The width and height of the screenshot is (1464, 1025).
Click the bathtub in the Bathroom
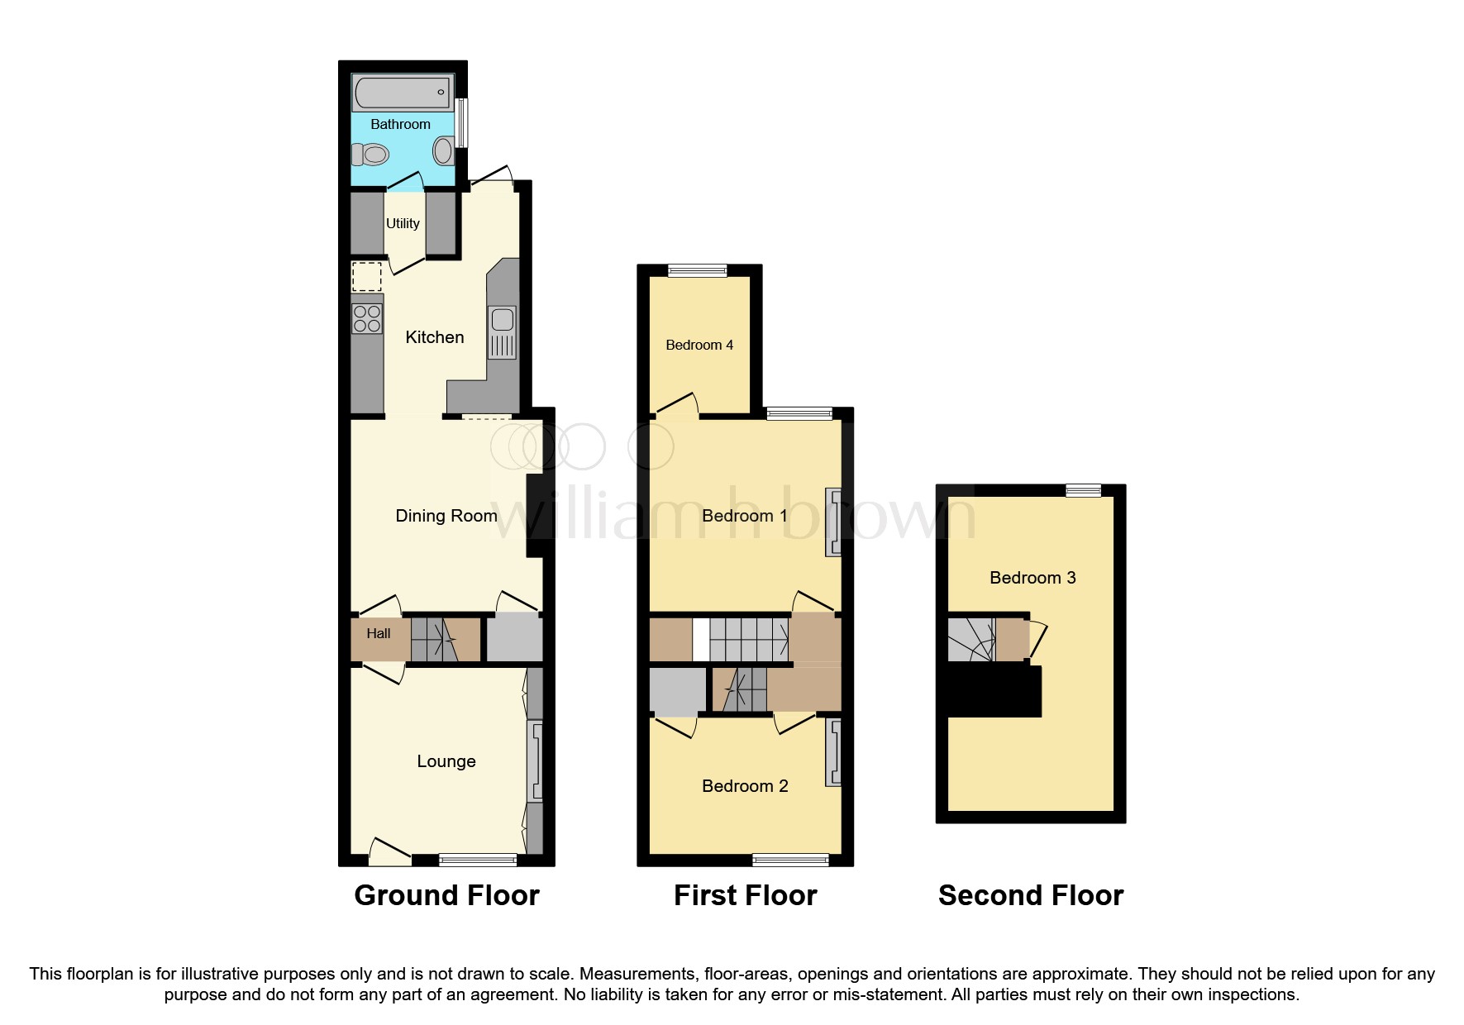pyautogui.click(x=403, y=93)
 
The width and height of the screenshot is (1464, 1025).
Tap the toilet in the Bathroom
pyautogui.click(x=370, y=154)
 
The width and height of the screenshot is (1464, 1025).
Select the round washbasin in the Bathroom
pyautogui.click(x=444, y=150)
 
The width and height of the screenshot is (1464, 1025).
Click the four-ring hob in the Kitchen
pyautogui.click(x=367, y=319)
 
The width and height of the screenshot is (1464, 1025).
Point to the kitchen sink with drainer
pyautogui.click(x=502, y=332)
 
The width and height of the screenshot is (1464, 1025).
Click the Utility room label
pyautogui.click(x=403, y=223)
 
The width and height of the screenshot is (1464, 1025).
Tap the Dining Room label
pyautogui.click(x=446, y=516)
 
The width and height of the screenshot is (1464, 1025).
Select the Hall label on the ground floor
pyautogui.click(x=379, y=634)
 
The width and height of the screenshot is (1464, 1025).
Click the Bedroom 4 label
pyautogui.click(x=699, y=345)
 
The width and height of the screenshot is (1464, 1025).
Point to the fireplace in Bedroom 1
pyautogui.click(x=833, y=522)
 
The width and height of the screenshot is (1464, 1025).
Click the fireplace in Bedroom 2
pyautogui.click(x=833, y=752)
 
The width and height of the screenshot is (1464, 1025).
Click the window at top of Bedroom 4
pyautogui.click(x=697, y=270)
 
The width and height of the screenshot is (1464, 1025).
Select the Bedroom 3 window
pyautogui.click(x=1083, y=491)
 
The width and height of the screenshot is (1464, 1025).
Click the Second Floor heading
pyautogui.click(x=1030, y=895)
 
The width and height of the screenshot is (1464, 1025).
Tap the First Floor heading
pyautogui.click(x=745, y=895)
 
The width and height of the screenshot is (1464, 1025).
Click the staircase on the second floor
pyautogui.click(x=970, y=640)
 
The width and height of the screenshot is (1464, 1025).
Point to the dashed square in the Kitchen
pyautogui.click(x=367, y=276)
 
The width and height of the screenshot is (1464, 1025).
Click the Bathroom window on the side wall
pyautogui.click(x=462, y=122)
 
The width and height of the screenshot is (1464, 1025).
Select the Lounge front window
pyautogui.click(x=477, y=861)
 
